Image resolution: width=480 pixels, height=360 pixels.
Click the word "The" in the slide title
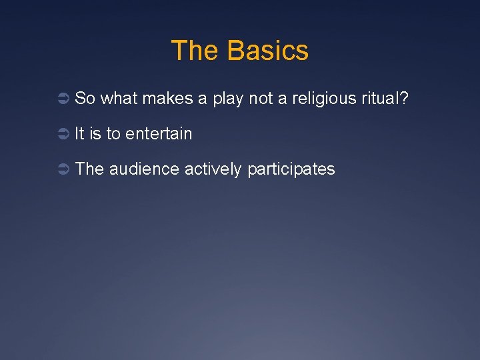tap(195, 51)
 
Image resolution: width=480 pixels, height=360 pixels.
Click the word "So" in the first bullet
tap(85, 99)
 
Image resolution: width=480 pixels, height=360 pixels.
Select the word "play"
tap(228, 99)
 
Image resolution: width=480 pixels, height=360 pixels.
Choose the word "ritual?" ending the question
tap(385, 99)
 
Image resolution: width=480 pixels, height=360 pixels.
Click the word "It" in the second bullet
tap(79, 134)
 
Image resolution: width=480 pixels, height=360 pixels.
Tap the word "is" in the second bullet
tap(95, 134)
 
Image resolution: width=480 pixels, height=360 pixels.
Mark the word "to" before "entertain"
tap(113, 134)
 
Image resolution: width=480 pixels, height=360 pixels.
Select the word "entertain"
tap(159, 134)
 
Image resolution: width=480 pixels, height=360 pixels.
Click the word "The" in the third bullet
tap(90, 169)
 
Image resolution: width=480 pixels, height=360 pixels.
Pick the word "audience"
tap(144, 169)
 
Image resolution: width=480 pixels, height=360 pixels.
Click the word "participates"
tap(291, 170)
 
